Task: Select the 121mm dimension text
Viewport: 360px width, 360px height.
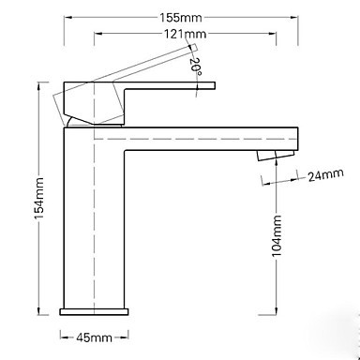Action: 186,34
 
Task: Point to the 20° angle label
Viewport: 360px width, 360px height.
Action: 195,66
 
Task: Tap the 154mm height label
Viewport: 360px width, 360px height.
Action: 39,198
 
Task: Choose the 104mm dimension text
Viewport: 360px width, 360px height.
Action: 277,236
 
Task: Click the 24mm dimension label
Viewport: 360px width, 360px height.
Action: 325,174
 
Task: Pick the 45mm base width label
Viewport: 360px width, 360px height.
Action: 94,337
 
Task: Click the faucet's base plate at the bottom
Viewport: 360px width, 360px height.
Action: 94,311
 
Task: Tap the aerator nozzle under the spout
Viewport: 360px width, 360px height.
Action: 276,156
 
